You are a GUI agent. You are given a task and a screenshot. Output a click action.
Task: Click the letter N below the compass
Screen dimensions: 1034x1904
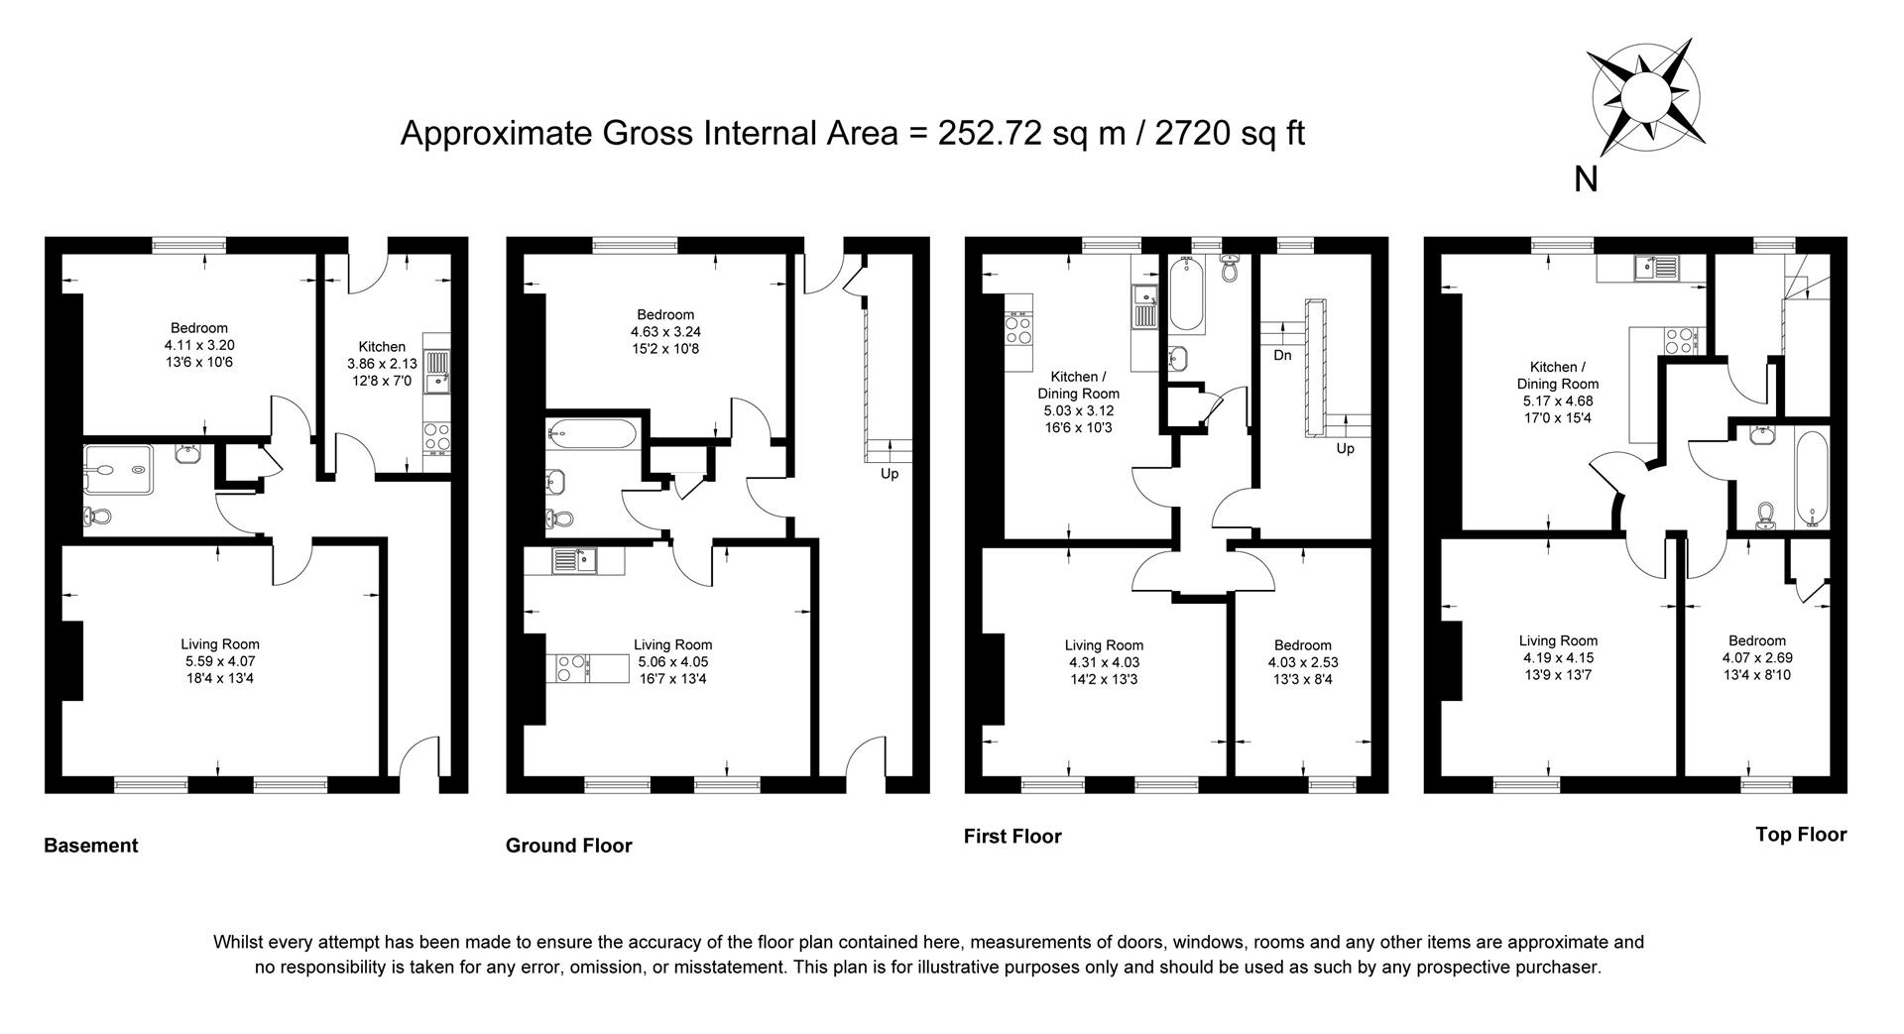click(1586, 179)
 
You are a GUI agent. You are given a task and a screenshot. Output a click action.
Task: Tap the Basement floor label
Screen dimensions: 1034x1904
click(90, 846)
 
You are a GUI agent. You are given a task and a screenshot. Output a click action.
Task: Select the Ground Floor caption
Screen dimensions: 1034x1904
click(568, 846)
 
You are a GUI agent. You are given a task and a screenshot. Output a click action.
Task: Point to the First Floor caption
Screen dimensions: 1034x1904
click(1011, 837)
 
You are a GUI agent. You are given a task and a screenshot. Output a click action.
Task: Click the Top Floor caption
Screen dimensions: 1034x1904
click(1800, 835)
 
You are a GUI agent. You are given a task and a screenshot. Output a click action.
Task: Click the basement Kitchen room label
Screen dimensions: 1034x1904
click(382, 347)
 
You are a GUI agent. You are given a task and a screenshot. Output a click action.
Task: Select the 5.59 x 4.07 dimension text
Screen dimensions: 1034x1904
click(220, 661)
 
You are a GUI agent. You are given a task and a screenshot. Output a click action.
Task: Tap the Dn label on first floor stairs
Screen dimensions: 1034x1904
click(1282, 355)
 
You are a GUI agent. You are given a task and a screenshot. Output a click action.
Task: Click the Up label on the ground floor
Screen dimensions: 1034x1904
click(890, 474)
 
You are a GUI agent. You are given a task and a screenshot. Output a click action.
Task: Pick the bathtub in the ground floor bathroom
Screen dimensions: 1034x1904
click(591, 432)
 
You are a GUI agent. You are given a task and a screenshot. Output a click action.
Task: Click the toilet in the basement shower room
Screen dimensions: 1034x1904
click(98, 516)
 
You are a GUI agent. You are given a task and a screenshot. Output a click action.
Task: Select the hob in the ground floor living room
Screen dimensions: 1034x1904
click(572, 668)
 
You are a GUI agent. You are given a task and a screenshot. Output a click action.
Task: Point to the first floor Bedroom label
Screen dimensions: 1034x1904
click(1302, 645)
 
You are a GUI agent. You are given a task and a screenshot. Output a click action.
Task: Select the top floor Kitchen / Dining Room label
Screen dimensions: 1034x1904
click(1557, 376)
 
